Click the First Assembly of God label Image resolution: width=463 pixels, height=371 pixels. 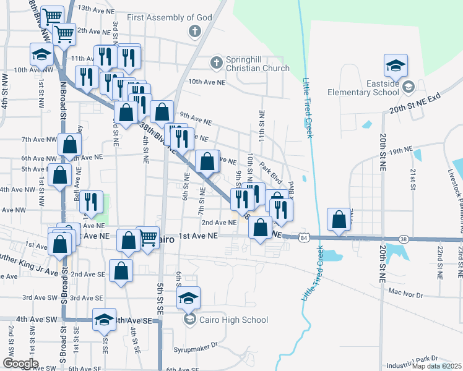click(169, 17)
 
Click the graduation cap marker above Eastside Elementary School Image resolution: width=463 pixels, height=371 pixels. click(395, 66)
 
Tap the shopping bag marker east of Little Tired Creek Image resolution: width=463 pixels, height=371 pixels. click(339, 220)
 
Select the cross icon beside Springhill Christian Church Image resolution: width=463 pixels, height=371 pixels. click(216, 62)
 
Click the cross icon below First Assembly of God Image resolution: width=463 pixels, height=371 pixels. click(194, 31)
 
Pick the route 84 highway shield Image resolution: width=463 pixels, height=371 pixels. click(302, 237)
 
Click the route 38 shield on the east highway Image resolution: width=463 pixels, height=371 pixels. click(404, 239)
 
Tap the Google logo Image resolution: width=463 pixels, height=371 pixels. click(20, 364)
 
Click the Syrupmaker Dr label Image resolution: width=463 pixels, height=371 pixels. click(197, 346)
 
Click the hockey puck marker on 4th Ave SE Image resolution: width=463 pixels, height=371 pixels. click(104, 320)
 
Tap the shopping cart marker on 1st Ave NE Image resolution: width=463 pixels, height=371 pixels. click(148, 237)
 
